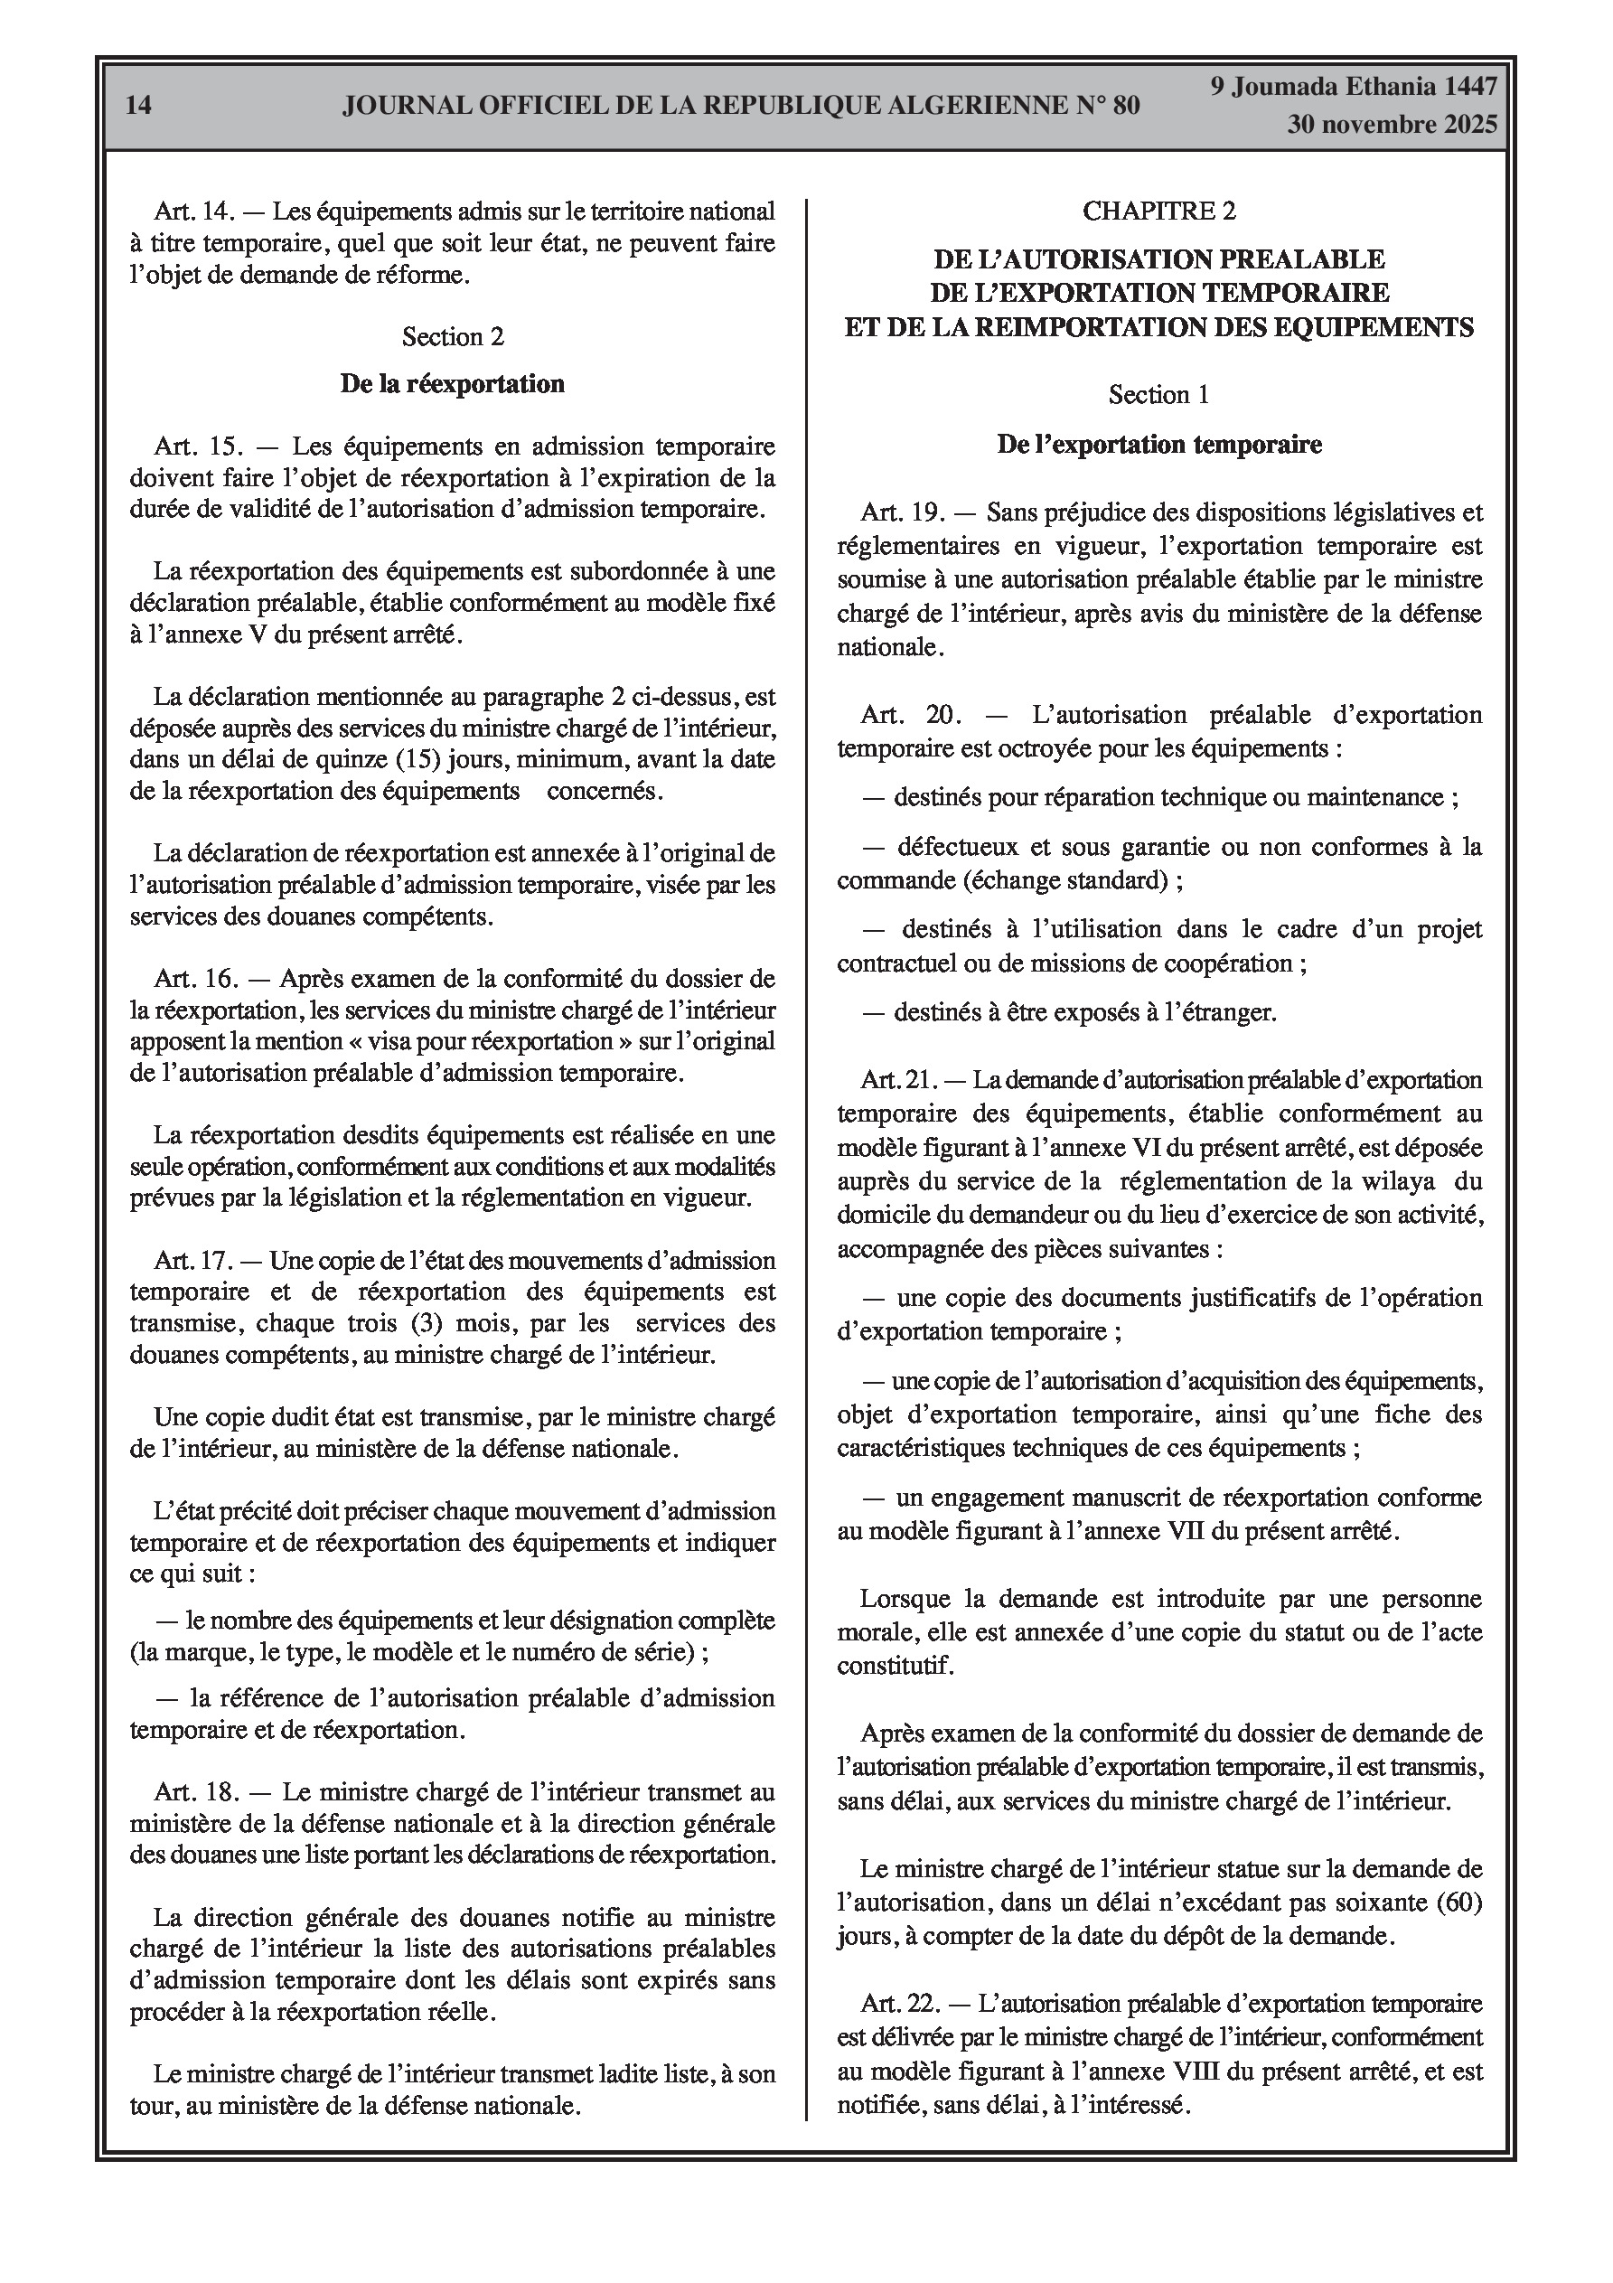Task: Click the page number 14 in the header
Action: point(139,106)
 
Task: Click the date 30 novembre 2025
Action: point(1392,126)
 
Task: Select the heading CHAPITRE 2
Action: point(1158,211)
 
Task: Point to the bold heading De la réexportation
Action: point(453,384)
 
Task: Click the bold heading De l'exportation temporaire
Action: point(1159,445)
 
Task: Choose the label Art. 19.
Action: point(902,513)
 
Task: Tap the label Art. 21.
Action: point(900,1080)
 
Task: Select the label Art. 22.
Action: point(900,2004)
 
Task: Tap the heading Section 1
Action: point(1158,395)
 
